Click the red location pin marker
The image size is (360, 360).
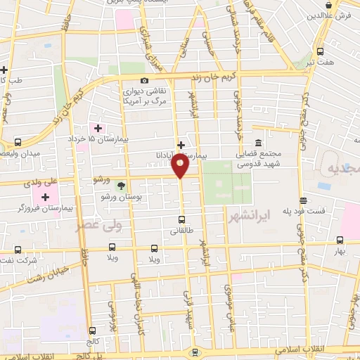coord(180,166)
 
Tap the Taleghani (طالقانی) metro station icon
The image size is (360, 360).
coord(182,219)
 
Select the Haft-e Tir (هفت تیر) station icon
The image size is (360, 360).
coord(320,51)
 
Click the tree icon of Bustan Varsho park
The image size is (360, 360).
coord(121,186)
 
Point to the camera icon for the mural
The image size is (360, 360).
coord(144,80)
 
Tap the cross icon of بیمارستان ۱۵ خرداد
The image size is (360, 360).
coord(98,128)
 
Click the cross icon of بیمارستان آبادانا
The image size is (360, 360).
coord(181,145)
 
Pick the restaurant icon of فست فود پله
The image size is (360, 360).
coord(302,200)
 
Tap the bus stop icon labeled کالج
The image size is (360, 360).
coord(92,330)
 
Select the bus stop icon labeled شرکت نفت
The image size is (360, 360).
coord(17,250)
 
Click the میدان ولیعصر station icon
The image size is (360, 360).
coord(18,142)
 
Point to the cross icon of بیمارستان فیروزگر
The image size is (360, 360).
coord(45,196)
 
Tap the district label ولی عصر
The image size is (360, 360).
coord(98,226)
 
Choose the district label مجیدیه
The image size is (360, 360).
coord(344,170)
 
